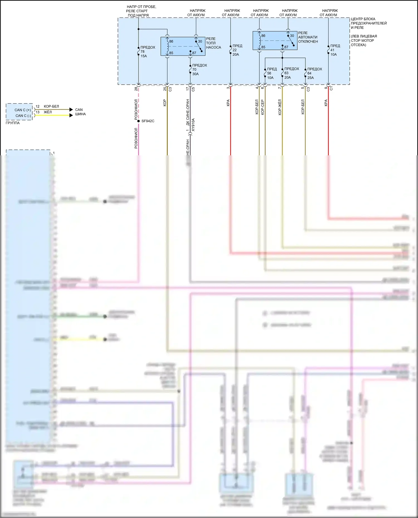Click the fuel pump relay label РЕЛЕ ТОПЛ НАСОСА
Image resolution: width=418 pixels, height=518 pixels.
[213, 43]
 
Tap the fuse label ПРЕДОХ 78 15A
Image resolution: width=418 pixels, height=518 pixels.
[147, 52]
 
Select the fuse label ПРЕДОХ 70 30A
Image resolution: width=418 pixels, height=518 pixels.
[199, 70]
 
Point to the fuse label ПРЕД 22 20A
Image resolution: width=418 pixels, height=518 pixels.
[237, 50]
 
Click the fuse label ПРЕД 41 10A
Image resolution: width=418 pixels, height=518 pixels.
[335, 50]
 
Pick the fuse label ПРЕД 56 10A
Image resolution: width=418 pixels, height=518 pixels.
[272, 73]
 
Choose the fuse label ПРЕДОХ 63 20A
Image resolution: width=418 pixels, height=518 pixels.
[291, 73]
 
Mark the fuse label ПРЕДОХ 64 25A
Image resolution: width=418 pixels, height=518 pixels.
[314, 73]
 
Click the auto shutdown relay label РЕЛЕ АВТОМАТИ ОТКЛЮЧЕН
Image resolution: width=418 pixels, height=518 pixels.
[308, 37]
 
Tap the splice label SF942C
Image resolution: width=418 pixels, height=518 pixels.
[148, 121]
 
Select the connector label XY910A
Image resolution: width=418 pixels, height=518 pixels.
[193, 125]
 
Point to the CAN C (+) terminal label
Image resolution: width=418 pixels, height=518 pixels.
[23, 110]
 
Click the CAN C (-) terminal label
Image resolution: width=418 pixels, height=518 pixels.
[23, 116]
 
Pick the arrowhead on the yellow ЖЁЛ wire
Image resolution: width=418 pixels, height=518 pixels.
[71, 115]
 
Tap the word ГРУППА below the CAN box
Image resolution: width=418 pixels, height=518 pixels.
[13, 123]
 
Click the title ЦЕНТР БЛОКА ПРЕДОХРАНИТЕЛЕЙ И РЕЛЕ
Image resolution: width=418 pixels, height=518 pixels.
[368, 23]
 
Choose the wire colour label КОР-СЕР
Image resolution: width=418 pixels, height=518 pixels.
[263, 107]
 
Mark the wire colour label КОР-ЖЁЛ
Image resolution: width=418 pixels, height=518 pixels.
[280, 107]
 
